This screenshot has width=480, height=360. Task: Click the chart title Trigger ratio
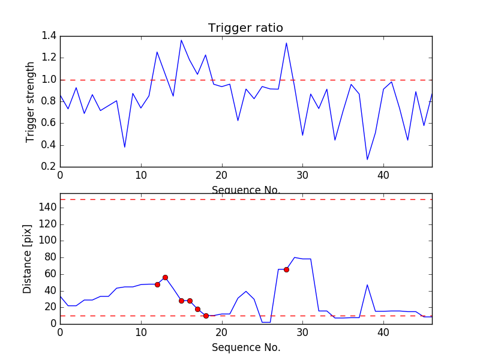(245, 28)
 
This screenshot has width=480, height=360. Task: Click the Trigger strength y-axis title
(31, 101)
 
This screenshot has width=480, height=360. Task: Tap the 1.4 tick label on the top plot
(49, 36)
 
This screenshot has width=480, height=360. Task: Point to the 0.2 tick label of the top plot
(49, 167)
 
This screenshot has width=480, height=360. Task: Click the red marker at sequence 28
(286, 269)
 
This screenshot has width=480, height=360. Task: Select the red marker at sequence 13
(165, 277)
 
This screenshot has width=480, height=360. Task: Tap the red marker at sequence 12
(157, 284)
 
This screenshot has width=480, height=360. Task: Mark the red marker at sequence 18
(206, 316)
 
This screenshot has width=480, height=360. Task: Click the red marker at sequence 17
(197, 309)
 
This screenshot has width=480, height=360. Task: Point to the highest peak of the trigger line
(181, 40)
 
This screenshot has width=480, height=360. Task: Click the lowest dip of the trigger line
(367, 160)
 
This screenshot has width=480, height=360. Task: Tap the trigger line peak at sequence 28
(286, 43)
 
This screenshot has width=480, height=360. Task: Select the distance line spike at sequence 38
(367, 284)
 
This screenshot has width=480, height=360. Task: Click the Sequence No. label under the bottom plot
(245, 347)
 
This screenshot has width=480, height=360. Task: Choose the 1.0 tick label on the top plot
(49, 80)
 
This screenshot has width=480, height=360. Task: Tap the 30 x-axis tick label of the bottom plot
(302, 334)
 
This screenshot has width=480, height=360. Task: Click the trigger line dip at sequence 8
(125, 147)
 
